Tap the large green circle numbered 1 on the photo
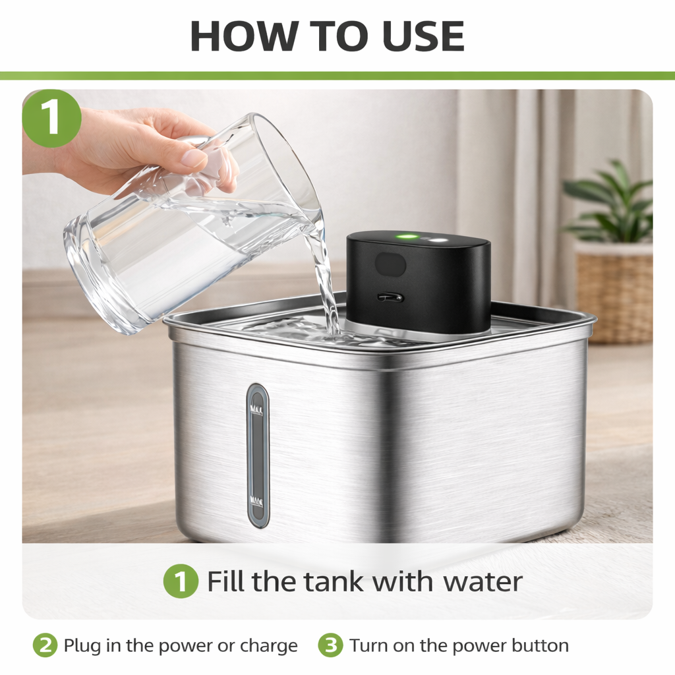(51, 119)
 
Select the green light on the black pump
(407, 237)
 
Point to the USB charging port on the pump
(390, 297)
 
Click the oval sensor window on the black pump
(390, 264)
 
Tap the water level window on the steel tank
(258, 455)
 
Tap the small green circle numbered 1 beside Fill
(181, 581)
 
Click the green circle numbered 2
(45, 645)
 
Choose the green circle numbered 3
(331, 645)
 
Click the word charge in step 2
(269, 646)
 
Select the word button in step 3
(541, 645)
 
